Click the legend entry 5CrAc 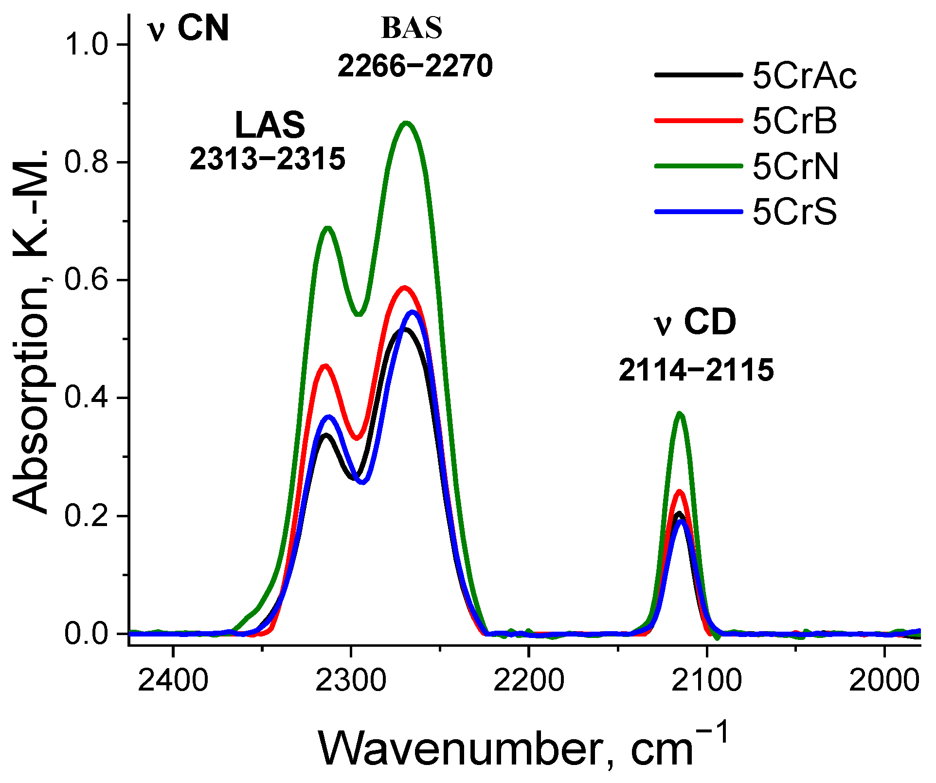[804, 76]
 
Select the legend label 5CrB [794, 121]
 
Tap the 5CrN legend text [795, 167]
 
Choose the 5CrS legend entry [794, 212]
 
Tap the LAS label [270, 126]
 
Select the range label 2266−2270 [415, 66]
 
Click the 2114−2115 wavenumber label [696, 370]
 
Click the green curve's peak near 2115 [680, 414]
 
